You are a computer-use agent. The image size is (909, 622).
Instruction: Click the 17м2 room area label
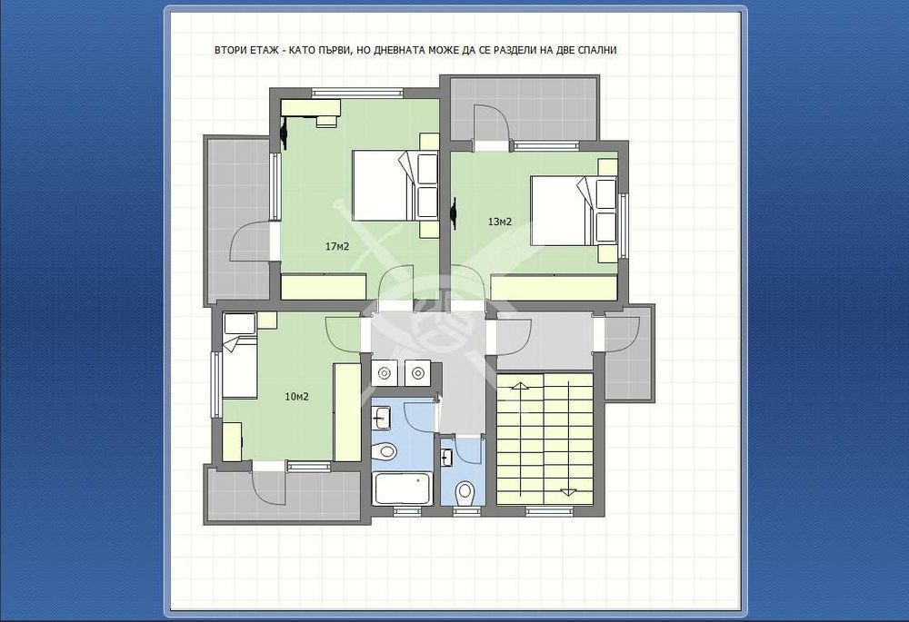pos(337,247)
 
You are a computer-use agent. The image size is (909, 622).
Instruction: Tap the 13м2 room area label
pos(500,222)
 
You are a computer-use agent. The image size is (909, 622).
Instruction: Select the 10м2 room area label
pos(296,397)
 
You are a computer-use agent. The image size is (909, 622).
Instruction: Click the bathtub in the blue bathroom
pos(403,489)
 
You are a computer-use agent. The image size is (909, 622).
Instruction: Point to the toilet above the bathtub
pos(384,450)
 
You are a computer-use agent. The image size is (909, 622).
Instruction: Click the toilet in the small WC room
pos(464,493)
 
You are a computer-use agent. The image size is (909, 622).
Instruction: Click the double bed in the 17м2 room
pos(395,185)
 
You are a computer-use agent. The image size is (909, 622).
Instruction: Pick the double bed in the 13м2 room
pos(573,211)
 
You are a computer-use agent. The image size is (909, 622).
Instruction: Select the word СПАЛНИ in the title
pos(598,50)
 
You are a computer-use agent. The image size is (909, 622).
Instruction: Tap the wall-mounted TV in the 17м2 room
pos(284,133)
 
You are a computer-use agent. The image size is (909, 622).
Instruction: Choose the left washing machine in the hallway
pos(384,373)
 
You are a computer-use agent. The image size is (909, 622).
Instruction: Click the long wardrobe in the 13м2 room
pos(553,288)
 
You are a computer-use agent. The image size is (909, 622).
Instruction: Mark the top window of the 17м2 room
pos(357,92)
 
